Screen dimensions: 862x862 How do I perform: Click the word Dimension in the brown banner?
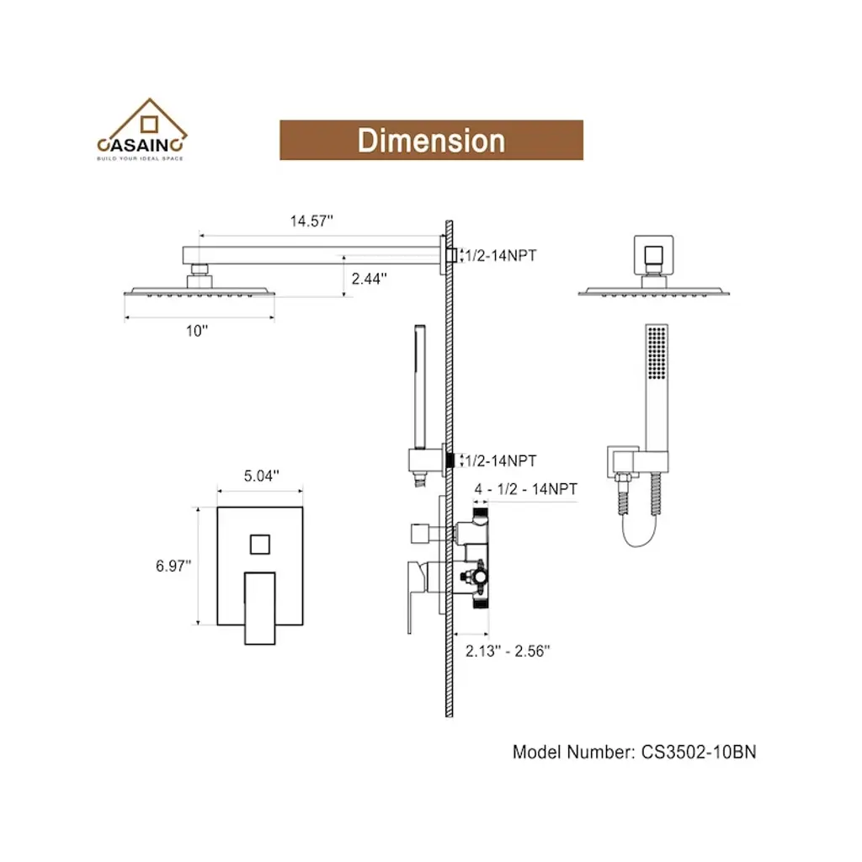[431, 141]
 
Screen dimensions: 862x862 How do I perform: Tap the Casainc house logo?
[141, 129]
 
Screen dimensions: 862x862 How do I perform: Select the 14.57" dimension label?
[311, 221]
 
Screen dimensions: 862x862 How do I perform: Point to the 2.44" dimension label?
[369, 279]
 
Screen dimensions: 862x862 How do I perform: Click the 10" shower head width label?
[197, 331]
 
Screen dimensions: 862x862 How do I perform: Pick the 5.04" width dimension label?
[261, 476]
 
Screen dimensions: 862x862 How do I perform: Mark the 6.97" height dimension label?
[173, 566]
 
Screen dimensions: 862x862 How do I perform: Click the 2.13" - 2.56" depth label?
[508, 651]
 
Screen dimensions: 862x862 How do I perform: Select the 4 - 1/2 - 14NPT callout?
[525, 489]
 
